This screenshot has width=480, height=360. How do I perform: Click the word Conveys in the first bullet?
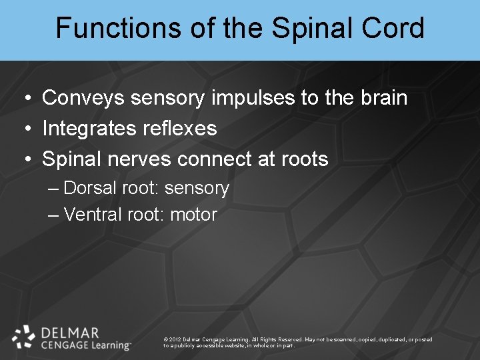click(x=83, y=99)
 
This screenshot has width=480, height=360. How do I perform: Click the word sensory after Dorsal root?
click(x=197, y=189)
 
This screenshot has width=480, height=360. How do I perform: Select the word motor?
click(x=194, y=215)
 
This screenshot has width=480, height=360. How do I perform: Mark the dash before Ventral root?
click(x=54, y=215)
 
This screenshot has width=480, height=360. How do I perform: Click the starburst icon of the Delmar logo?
click(x=24, y=337)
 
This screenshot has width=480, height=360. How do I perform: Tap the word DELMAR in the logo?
click(x=70, y=332)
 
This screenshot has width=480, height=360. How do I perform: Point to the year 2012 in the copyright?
click(x=175, y=340)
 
